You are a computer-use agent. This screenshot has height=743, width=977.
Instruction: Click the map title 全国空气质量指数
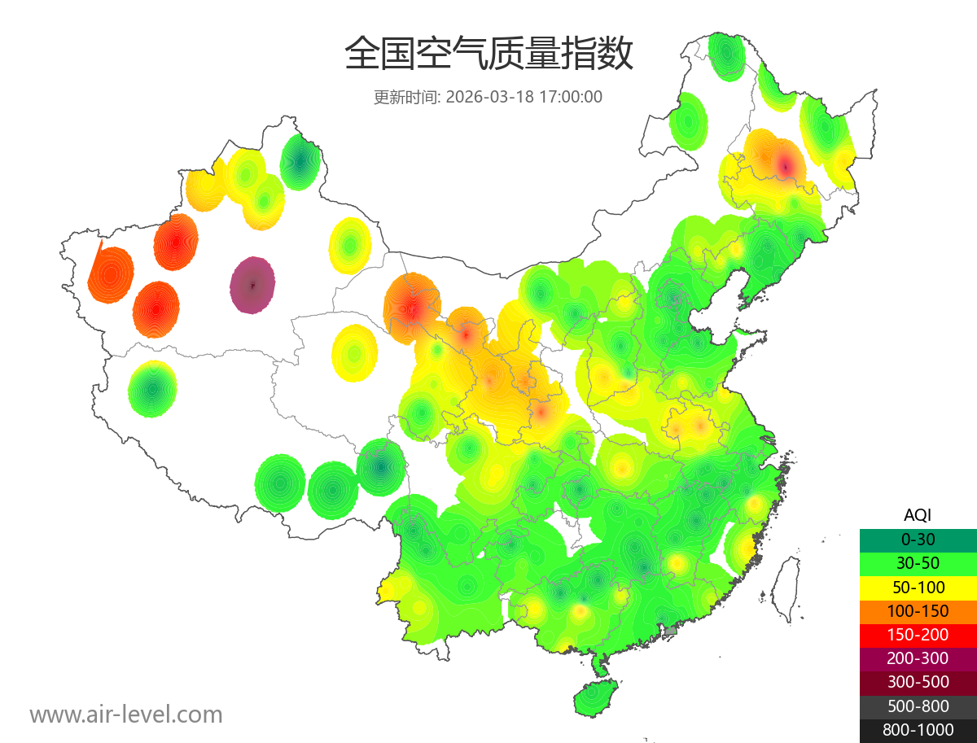[488, 55]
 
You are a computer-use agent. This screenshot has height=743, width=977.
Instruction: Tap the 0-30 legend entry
[918, 539]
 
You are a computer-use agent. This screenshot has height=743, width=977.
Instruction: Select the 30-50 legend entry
[918, 562]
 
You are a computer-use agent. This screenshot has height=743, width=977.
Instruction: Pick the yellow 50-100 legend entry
[918, 587]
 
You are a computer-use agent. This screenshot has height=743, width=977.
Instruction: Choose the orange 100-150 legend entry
[918, 610]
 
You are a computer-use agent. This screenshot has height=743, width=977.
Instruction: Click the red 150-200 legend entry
[918, 634]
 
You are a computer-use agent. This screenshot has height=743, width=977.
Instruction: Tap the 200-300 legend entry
[918, 658]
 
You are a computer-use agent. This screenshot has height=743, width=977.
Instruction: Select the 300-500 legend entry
[918, 682]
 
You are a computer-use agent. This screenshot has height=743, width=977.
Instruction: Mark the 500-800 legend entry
[918, 706]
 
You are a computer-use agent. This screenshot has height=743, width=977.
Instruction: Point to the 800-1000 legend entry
[918, 730]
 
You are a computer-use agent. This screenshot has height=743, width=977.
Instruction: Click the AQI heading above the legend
[918, 514]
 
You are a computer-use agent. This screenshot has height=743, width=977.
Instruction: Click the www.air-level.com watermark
[126, 715]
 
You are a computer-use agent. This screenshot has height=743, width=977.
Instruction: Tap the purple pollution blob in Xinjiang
[252, 285]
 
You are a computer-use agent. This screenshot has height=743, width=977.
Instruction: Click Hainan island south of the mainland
[595, 699]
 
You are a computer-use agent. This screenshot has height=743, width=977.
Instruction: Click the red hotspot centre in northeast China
[785, 166]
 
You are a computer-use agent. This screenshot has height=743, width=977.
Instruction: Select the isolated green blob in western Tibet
[152, 389]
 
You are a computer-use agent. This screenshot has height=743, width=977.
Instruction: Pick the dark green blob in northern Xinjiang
[300, 161]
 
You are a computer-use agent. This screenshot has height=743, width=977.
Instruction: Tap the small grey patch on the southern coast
[671, 630]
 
